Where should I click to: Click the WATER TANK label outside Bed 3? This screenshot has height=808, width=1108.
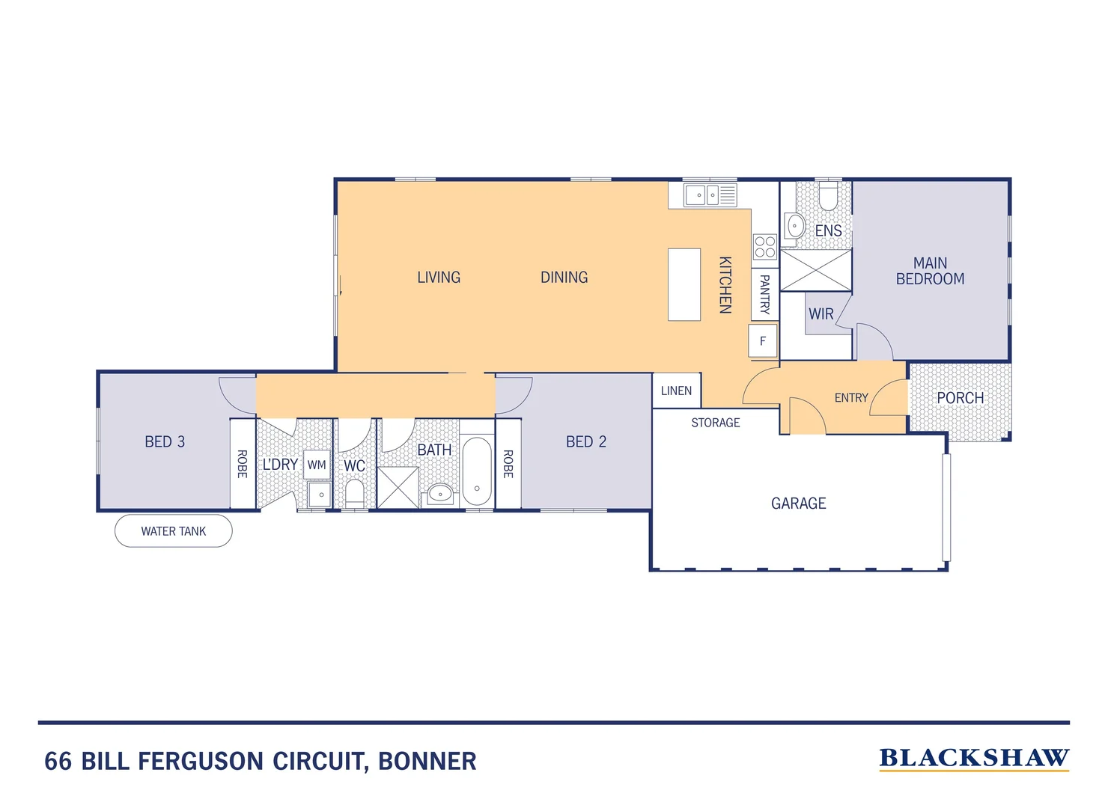(x=173, y=531)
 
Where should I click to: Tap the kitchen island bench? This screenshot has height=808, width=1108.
(x=684, y=284)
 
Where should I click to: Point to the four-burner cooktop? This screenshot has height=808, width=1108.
(x=764, y=247)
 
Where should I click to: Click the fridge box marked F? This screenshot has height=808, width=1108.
(x=763, y=341)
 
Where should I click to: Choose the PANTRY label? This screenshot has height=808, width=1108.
(x=764, y=294)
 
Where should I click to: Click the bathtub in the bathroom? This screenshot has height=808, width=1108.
(x=477, y=471)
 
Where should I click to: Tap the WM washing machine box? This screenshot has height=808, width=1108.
(x=317, y=465)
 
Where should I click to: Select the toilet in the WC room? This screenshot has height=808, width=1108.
(x=354, y=494)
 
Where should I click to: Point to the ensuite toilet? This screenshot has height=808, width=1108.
(x=828, y=198)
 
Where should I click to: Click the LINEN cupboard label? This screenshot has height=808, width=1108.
(x=676, y=391)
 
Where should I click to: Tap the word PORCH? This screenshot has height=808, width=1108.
(x=960, y=398)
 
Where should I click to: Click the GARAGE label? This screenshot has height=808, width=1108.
(x=798, y=504)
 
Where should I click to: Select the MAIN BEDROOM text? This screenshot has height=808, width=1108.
(x=930, y=271)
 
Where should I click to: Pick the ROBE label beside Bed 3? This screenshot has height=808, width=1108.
(x=242, y=464)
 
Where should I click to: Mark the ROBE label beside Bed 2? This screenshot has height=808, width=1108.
(x=508, y=464)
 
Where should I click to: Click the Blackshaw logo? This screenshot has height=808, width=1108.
(x=973, y=759)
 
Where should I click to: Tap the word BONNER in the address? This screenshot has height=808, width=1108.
(x=427, y=761)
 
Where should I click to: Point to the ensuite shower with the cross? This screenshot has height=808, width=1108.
(x=815, y=270)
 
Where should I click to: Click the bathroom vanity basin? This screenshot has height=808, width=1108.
(x=440, y=493)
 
